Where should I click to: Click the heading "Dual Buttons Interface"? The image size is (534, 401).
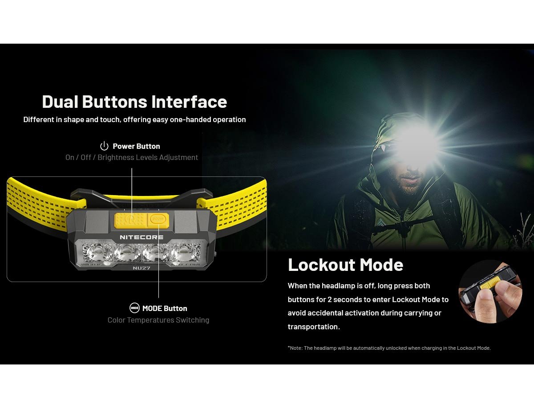pyautogui.click(x=134, y=102)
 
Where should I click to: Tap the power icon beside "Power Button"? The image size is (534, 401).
pyautogui.click(x=104, y=146)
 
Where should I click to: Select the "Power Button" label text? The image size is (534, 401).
pyautogui.click(x=136, y=146)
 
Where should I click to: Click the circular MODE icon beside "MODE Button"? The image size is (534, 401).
pyautogui.click(x=134, y=308)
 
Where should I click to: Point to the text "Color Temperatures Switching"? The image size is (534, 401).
pyautogui.click(x=158, y=320)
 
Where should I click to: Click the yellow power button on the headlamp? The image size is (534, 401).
pyautogui.click(x=131, y=221)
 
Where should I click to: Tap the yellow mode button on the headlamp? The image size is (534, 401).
pyautogui.click(x=158, y=220)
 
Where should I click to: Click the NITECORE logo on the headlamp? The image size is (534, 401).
pyautogui.click(x=142, y=237)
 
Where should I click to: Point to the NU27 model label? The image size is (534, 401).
pyautogui.click(x=142, y=268)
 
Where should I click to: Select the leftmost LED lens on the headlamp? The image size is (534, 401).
pyautogui.click(x=98, y=253)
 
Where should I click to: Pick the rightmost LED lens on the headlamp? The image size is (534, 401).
pyautogui.click(x=185, y=253)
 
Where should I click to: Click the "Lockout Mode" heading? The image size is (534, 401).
pyautogui.click(x=345, y=265)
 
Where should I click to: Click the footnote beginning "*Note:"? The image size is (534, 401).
pyautogui.click(x=389, y=348)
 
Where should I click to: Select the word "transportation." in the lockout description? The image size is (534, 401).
pyautogui.click(x=314, y=327)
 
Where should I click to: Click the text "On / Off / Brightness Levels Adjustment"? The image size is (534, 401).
pyautogui.click(x=132, y=157)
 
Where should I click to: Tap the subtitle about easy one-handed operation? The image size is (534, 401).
pyautogui.click(x=134, y=119)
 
